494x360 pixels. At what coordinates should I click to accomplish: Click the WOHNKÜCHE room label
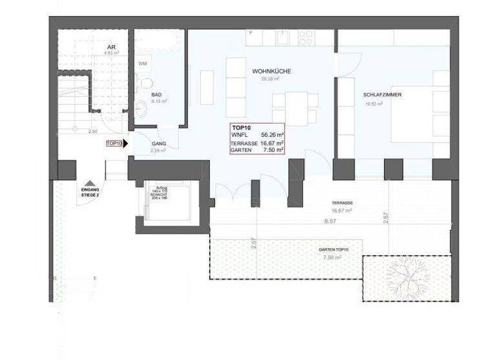pos(271,71)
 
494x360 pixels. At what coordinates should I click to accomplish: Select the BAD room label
pos(156,94)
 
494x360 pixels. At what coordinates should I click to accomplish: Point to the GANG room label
pos(160,144)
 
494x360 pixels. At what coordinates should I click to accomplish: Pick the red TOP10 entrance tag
pos(114,144)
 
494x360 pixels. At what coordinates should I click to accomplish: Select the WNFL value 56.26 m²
pos(272,135)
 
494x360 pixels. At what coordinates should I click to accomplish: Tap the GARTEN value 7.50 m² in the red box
pos(272,150)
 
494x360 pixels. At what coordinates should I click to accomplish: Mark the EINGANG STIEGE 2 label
pos(90,192)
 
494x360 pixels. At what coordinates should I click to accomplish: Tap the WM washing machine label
pos(143,64)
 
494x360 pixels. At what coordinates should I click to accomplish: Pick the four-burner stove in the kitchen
pos(305,37)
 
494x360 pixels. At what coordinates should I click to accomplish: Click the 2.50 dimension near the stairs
pos(93,131)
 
